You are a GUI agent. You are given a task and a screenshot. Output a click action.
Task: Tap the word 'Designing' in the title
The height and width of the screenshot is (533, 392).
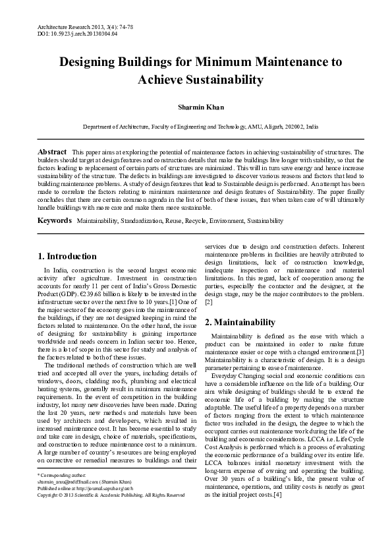point(94,63)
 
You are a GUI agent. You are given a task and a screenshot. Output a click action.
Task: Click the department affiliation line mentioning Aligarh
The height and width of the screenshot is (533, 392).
point(196,125)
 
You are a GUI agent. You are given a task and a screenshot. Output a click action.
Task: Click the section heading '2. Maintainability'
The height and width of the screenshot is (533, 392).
point(239,323)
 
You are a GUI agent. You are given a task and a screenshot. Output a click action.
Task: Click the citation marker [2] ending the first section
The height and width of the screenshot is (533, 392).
point(209,303)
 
